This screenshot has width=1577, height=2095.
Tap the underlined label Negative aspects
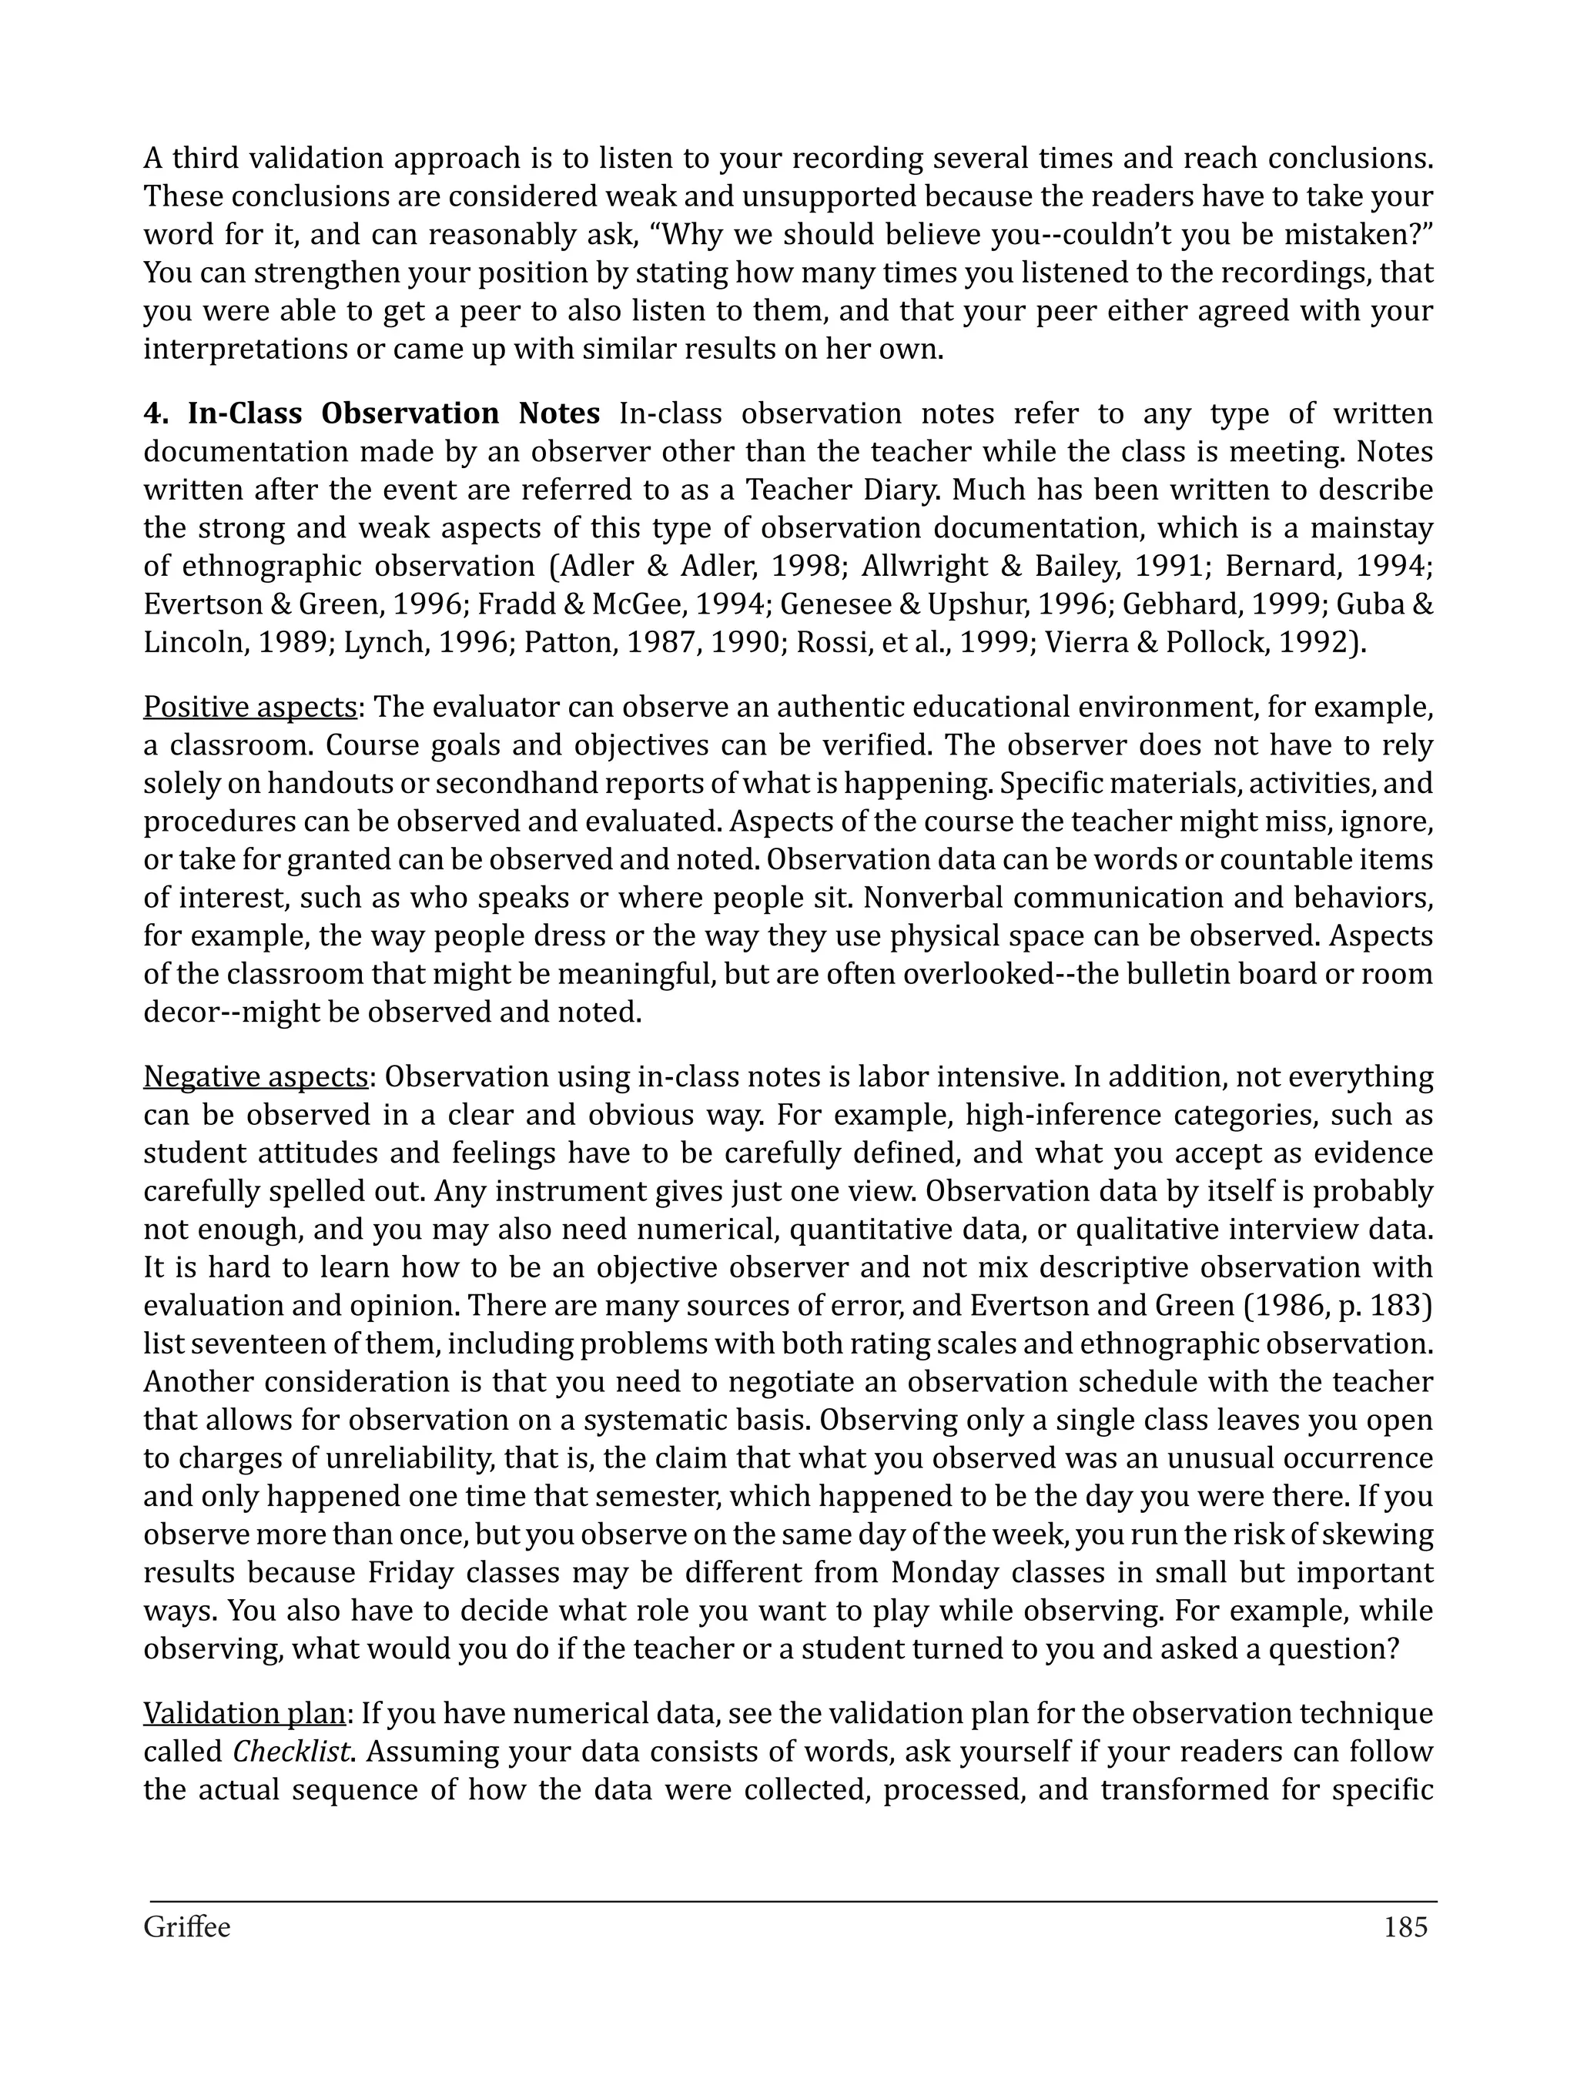(x=256, y=1078)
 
